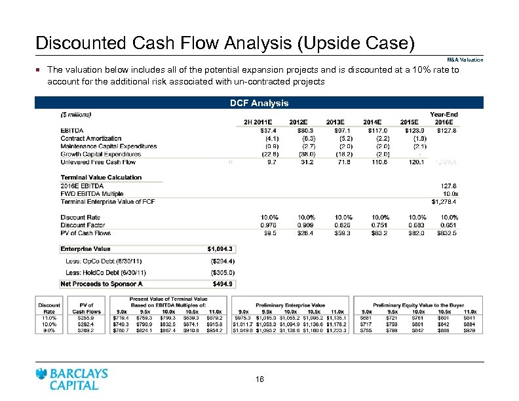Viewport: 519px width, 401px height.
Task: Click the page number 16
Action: click(x=259, y=379)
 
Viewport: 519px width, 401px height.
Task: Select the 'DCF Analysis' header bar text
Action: click(x=259, y=103)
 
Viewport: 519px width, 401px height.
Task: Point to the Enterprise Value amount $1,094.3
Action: click(x=220, y=249)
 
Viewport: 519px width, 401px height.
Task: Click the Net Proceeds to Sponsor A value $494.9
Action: click(x=223, y=284)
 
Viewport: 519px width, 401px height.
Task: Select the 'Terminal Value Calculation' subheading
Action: click(x=101, y=178)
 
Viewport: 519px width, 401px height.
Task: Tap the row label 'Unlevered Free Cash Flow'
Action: click(x=98, y=162)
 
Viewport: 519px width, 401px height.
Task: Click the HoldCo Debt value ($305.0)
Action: click(x=221, y=272)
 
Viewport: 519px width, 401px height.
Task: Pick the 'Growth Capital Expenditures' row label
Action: click(x=101, y=154)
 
